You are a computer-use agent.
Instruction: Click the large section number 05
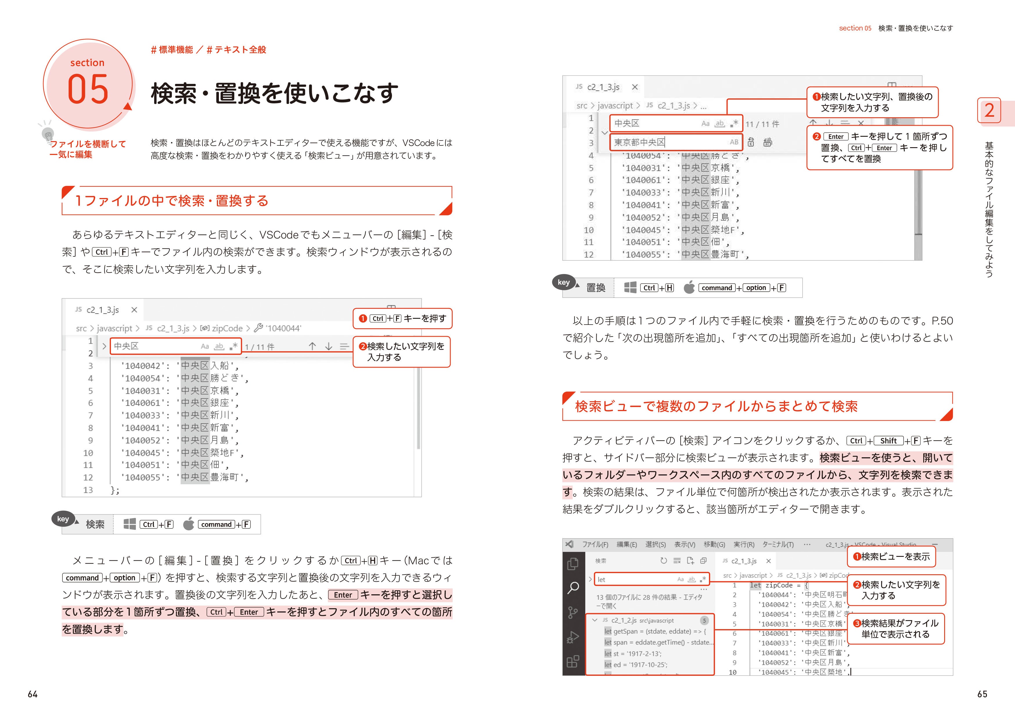(x=88, y=89)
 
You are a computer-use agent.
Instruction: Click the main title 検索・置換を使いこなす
(x=274, y=93)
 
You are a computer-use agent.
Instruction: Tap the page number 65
(x=982, y=694)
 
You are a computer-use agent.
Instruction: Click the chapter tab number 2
(x=989, y=110)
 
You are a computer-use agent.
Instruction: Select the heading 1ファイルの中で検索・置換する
(x=172, y=201)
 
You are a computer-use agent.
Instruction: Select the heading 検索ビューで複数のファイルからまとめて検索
(x=716, y=406)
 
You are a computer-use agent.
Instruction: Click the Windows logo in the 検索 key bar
(x=129, y=524)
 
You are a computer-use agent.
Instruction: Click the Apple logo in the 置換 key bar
(x=689, y=288)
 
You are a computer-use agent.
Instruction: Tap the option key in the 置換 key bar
(x=756, y=288)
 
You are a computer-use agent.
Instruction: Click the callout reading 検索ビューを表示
(x=891, y=557)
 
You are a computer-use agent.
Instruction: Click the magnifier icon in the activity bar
(x=573, y=588)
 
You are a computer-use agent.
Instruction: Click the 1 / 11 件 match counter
(x=260, y=347)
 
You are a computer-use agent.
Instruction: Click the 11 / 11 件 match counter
(x=762, y=124)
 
